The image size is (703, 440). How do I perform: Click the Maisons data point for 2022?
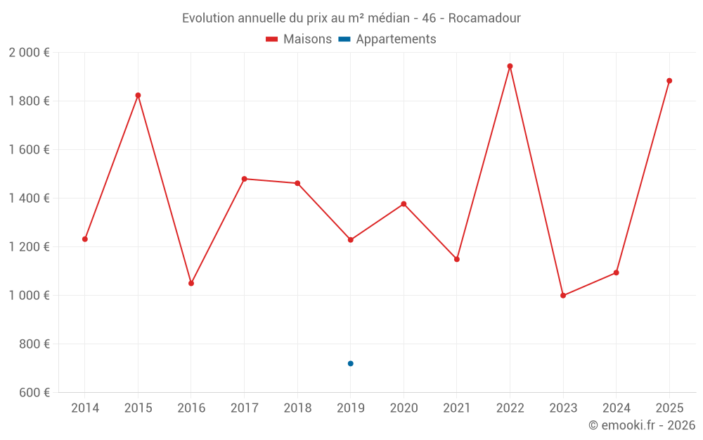[x=510, y=66]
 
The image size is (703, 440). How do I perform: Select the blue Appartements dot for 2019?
[x=350, y=363]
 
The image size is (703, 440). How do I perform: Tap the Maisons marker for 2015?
[x=138, y=95]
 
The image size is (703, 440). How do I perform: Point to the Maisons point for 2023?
[x=563, y=296]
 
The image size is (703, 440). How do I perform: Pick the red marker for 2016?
[x=191, y=283]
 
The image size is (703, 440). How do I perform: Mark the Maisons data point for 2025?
[x=669, y=80]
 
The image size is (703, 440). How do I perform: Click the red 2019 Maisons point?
[x=350, y=240]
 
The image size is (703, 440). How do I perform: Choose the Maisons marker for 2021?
[x=457, y=259]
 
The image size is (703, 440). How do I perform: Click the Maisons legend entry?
[x=299, y=39]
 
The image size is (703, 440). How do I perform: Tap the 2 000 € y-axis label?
[x=30, y=53]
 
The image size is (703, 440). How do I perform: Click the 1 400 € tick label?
[x=30, y=199]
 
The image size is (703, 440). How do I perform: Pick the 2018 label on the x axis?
[x=297, y=408]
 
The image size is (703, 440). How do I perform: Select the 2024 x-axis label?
[x=617, y=408]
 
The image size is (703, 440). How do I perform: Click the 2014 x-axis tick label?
[x=85, y=408]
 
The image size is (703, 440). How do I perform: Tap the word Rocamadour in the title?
[x=484, y=18]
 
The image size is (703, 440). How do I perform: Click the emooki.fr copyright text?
[x=641, y=425]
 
